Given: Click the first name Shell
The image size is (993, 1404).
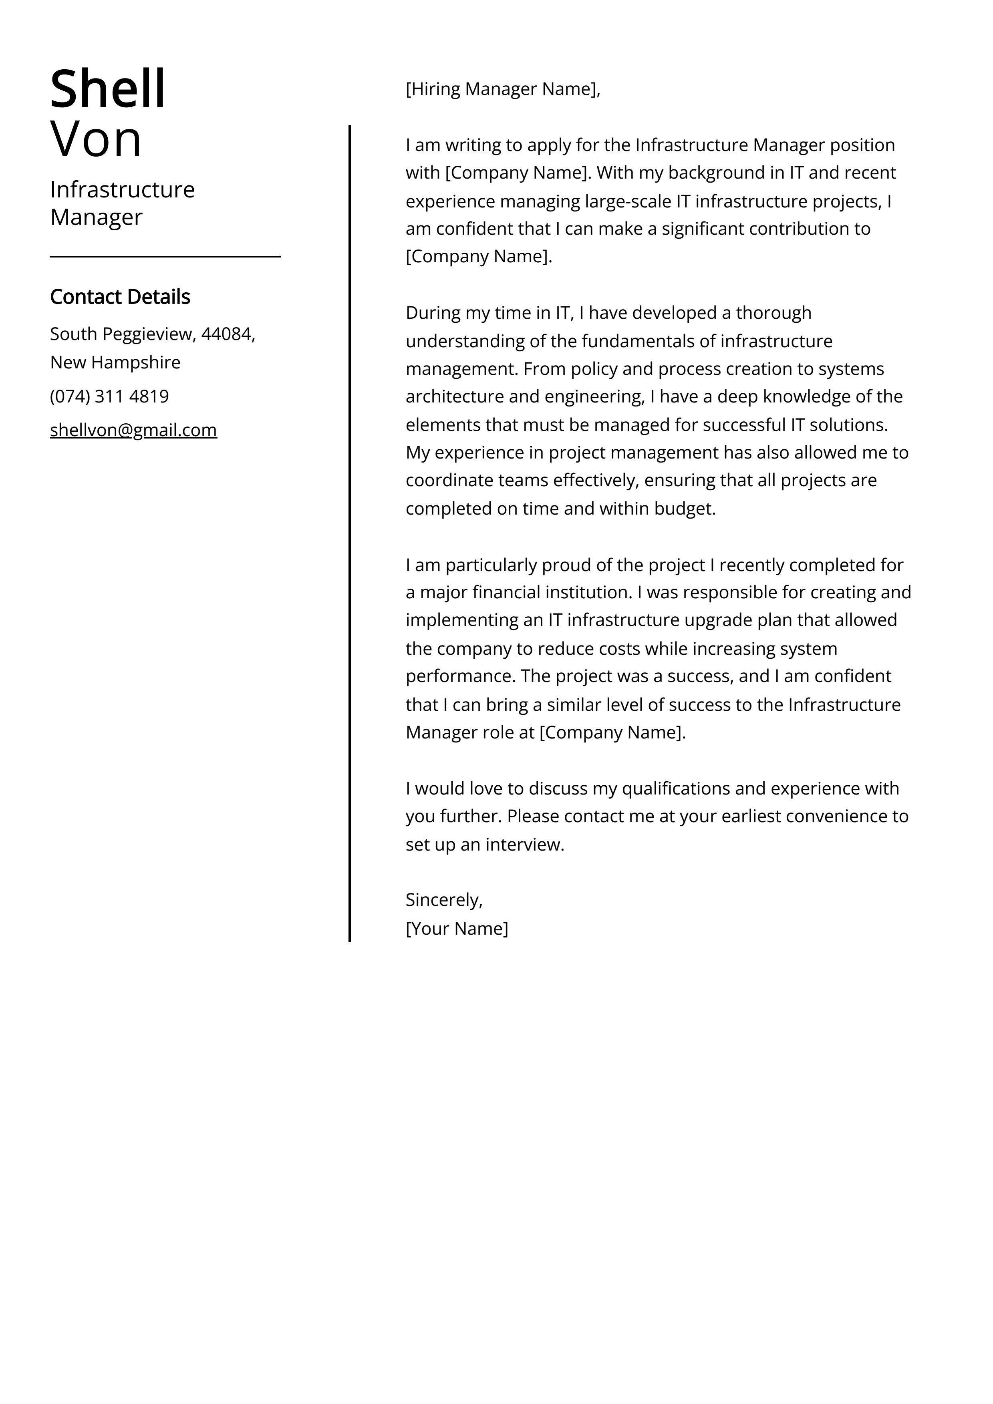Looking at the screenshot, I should point(108,89).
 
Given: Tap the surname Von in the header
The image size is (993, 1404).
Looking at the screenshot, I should point(96,139).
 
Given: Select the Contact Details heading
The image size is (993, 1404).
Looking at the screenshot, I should point(120,297).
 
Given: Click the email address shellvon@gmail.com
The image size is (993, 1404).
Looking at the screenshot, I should point(133,430).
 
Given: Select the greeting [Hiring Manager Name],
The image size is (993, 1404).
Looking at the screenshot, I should point(503,89).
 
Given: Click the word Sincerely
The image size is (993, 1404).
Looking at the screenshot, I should point(443,899).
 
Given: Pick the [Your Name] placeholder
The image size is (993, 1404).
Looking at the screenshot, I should point(456,928).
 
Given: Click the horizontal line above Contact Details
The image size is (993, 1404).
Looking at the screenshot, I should point(165,257).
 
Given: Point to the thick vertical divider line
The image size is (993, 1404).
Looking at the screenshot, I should point(350,532).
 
